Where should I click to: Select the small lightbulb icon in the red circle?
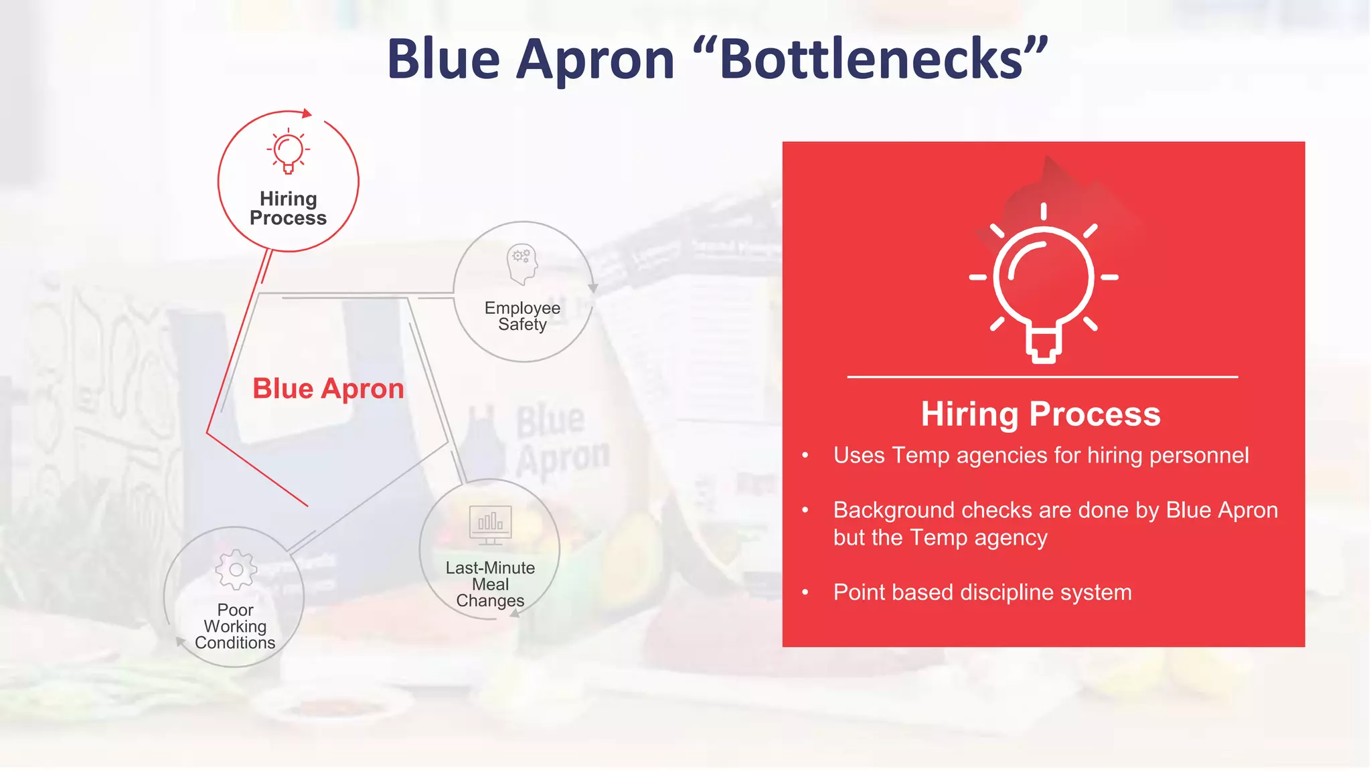click(x=289, y=151)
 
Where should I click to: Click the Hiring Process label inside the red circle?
click(x=288, y=208)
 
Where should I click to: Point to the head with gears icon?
click(x=522, y=263)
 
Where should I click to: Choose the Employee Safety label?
click(x=522, y=316)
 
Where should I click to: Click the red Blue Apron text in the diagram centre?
click(x=328, y=389)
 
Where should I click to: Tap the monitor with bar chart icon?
click(x=491, y=524)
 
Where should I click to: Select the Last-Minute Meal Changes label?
click(x=490, y=584)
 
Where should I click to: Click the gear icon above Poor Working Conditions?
click(x=236, y=570)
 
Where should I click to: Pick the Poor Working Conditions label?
click(x=235, y=626)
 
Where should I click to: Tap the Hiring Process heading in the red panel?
click(x=1040, y=414)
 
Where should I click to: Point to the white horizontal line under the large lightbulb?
click(x=1042, y=377)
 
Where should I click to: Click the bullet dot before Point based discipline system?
click(x=805, y=592)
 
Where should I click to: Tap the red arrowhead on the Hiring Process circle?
click(x=307, y=113)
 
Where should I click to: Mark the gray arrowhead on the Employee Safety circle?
click(x=592, y=288)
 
